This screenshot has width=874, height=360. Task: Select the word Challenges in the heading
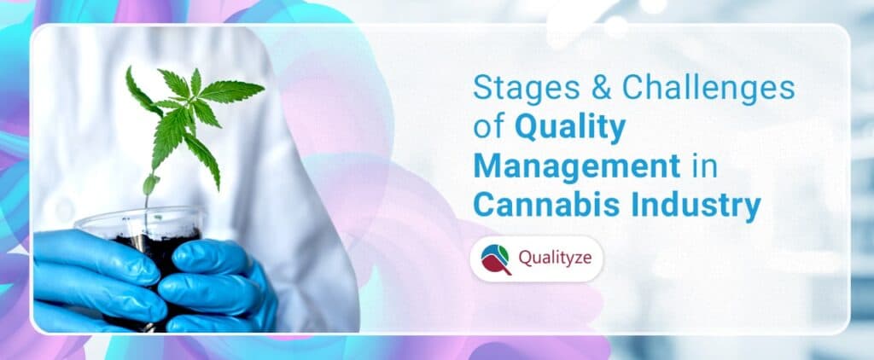click(x=708, y=89)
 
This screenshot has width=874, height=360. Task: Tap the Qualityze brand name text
click(x=555, y=258)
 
